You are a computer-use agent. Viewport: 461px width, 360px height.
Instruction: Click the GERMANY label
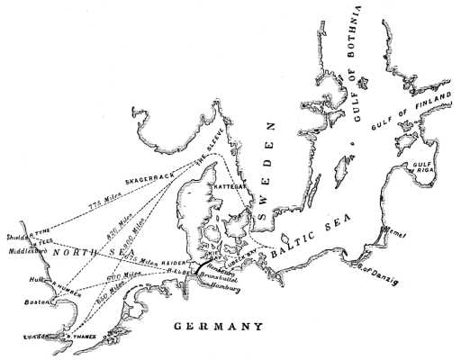pyautogui.click(x=220, y=327)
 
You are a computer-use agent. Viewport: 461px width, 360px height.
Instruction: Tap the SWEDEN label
pyautogui.click(x=267, y=176)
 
